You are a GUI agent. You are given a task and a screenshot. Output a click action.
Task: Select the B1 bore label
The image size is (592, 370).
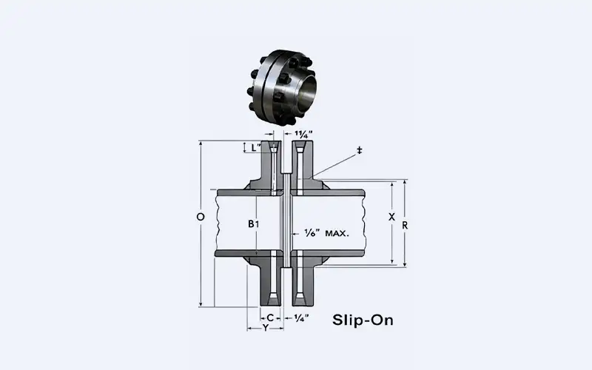254,223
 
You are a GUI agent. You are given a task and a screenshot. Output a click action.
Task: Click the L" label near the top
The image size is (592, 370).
255,147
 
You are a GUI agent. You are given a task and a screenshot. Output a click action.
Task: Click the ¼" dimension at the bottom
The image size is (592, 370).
301,317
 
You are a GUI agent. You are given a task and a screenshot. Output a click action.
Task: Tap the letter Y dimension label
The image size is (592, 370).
265,327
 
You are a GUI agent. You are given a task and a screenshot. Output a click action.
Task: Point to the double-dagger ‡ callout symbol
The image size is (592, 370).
360,150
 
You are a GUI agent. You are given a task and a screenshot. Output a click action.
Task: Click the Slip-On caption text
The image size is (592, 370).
363,320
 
